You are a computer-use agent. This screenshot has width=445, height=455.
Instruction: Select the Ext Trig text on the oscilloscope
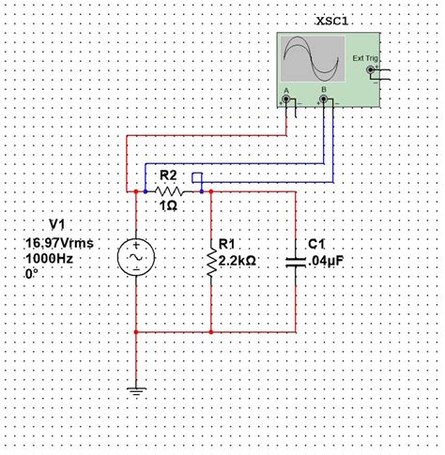click(363, 58)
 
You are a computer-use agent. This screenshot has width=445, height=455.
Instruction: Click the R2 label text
click(169, 175)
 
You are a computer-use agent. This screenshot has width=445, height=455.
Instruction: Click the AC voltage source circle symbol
click(136, 257)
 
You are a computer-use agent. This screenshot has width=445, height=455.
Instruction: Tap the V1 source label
click(58, 225)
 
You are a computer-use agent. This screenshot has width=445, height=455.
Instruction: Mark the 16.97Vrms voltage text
click(60, 242)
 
